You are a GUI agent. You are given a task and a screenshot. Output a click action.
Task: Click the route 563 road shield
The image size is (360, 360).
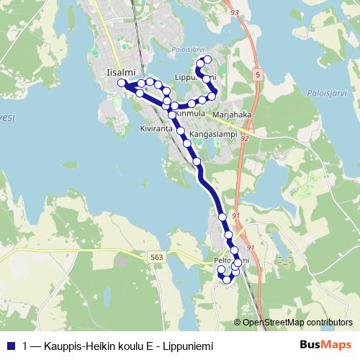pyautogui.click(x=156, y=257)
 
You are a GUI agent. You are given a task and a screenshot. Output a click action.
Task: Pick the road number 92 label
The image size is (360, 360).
pyautogui.click(x=245, y=138)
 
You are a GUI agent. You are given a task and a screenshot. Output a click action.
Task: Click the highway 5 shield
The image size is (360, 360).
pyautogui.click(x=257, y=74)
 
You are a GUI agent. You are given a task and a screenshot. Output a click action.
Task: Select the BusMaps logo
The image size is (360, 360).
pyautogui.click(x=325, y=344)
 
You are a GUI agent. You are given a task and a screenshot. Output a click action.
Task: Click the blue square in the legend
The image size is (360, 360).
pyautogui.click(x=11, y=344)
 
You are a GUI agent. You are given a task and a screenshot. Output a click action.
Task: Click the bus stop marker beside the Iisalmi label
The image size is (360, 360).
pyautogui.click(x=122, y=82)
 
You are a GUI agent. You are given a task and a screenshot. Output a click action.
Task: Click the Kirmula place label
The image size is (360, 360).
pyautogui.click(x=191, y=113)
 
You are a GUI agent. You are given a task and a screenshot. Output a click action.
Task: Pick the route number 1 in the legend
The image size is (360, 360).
pyautogui.click(x=26, y=344)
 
